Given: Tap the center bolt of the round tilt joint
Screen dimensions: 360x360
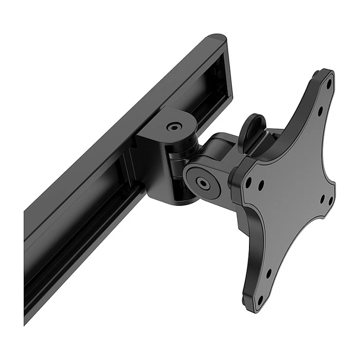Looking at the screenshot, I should [x=203, y=182].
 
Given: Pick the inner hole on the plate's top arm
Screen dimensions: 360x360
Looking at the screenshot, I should [x=320, y=110].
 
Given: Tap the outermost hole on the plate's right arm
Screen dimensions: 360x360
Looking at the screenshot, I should [x=331, y=201].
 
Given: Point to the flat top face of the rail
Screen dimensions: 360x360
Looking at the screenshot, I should [x=118, y=123].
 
